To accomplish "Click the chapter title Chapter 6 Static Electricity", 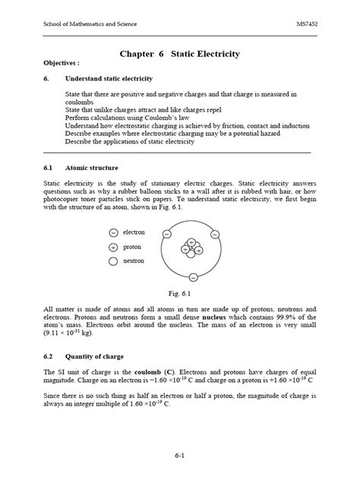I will (x=180, y=54).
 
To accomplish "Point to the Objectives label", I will (x=62, y=64).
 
